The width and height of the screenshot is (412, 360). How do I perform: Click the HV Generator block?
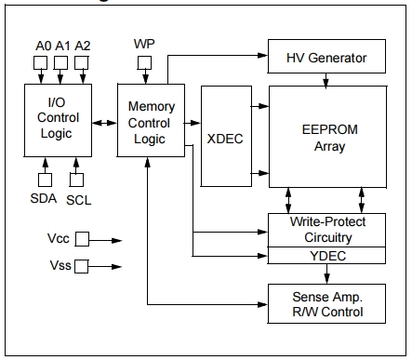click(x=326, y=59)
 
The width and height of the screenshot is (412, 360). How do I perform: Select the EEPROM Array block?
click(x=326, y=136)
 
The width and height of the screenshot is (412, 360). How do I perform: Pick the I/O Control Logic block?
click(x=58, y=119)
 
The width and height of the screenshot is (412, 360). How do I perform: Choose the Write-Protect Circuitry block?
click(x=326, y=230)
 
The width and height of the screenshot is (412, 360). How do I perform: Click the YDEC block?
click(x=326, y=255)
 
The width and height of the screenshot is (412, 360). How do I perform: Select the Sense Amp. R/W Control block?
click(x=326, y=303)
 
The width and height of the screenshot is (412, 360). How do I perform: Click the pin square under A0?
click(x=40, y=63)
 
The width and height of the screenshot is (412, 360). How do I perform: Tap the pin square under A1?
click(x=61, y=63)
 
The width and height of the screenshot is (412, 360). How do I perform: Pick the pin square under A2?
click(x=82, y=63)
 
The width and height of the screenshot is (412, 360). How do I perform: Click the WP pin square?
click(x=144, y=63)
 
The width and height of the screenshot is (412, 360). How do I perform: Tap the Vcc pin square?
click(x=82, y=239)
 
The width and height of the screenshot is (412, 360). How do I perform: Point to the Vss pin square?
click(x=82, y=266)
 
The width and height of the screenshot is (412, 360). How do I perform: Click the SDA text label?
click(x=43, y=197)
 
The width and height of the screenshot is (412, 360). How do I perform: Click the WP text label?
click(x=144, y=44)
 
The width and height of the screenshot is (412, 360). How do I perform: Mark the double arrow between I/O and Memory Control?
click(x=103, y=119)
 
